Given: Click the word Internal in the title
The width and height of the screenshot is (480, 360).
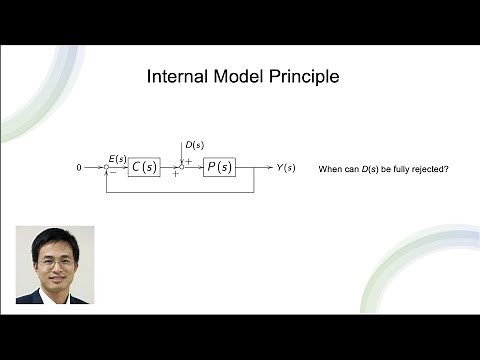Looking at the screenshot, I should (176, 77).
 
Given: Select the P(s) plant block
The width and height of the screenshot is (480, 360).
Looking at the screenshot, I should (219, 167).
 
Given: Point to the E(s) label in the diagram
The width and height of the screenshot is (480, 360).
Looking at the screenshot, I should (117, 158).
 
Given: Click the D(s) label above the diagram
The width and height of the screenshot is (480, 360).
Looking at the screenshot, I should (195, 145).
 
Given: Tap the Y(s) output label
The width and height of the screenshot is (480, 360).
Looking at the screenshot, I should (286, 167).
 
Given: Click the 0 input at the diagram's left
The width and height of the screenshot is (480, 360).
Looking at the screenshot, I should (79, 168).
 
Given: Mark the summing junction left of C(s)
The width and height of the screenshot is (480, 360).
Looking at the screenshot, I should (107, 168).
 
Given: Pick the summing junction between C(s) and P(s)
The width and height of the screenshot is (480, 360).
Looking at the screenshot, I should (182, 167).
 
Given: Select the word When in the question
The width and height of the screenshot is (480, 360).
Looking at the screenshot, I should (330, 169).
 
